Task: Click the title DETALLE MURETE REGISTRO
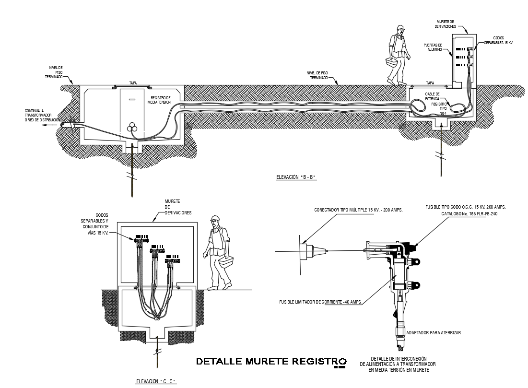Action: coord(271,361)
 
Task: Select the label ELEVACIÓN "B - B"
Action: coord(297,177)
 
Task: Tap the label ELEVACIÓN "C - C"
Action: coord(156,381)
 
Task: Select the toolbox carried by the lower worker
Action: coord(229,263)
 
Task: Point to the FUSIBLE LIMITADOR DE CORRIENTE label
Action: coord(320,302)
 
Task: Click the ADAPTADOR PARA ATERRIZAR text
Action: coord(433,332)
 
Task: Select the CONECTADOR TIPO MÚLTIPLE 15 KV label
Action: coord(358,210)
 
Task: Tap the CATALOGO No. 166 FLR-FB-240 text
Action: coord(469,213)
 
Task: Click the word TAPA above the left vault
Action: coord(133,83)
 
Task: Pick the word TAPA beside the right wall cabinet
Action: coord(430,83)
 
